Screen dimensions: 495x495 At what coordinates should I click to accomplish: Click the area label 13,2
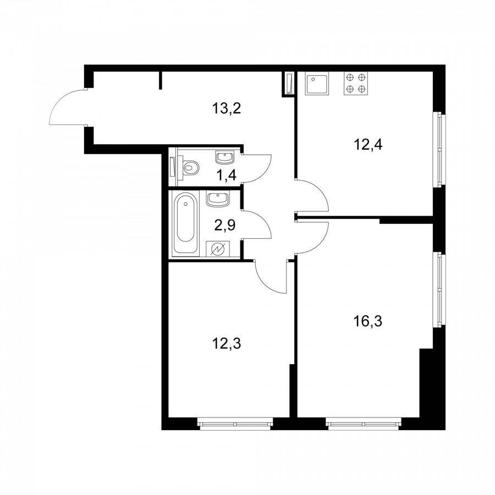(x=227, y=108)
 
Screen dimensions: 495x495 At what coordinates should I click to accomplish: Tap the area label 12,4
(x=368, y=145)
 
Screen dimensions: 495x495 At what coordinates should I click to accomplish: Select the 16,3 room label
(x=368, y=322)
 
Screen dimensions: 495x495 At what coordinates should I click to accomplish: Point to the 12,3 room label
(x=227, y=343)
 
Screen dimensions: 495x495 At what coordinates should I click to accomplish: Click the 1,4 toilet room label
(x=227, y=175)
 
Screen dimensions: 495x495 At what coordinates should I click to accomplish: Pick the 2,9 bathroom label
(x=225, y=226)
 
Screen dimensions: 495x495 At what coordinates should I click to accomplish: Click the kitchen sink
(x=317, y=84)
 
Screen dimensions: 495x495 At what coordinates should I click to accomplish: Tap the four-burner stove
(x=356, y=84)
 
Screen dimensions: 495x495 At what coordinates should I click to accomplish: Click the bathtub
(x=186, y=223)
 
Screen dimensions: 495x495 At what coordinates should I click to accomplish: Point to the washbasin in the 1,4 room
(x=225, y=157)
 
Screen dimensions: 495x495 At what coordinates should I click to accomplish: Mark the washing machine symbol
(x=218, y=249)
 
